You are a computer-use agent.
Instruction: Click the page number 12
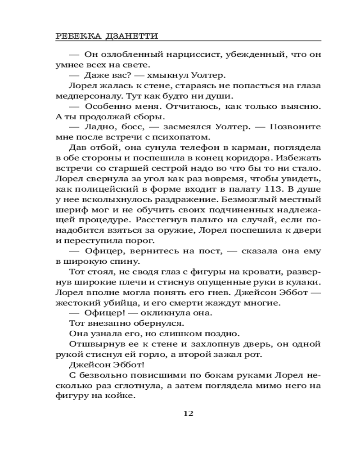tap(188, 414)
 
